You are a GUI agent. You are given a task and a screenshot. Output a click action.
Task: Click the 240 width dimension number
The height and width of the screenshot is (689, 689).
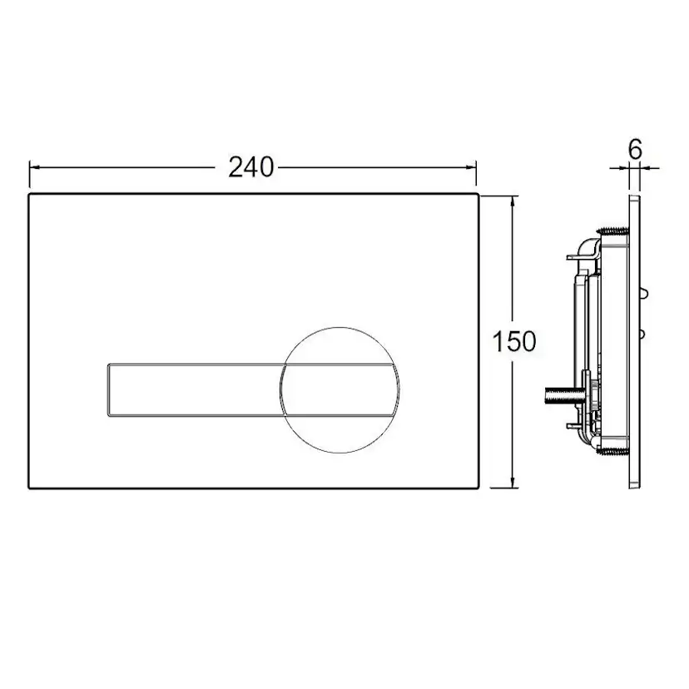[251, 167]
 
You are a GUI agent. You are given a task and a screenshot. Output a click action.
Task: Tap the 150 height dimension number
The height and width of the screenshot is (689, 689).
[514, 341]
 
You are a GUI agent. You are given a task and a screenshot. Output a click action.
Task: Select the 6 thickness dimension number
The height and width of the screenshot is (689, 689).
[636, 150]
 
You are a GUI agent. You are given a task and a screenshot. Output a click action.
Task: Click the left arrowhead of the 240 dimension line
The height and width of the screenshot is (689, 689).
[35, 167]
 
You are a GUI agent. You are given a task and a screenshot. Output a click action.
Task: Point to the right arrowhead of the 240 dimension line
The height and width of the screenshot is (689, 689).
[471, 167]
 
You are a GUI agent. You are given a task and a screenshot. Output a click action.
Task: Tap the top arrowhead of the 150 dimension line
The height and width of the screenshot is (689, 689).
[513, 202]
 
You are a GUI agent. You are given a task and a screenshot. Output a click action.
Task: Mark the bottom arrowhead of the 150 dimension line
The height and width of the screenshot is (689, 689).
[513, 481]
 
